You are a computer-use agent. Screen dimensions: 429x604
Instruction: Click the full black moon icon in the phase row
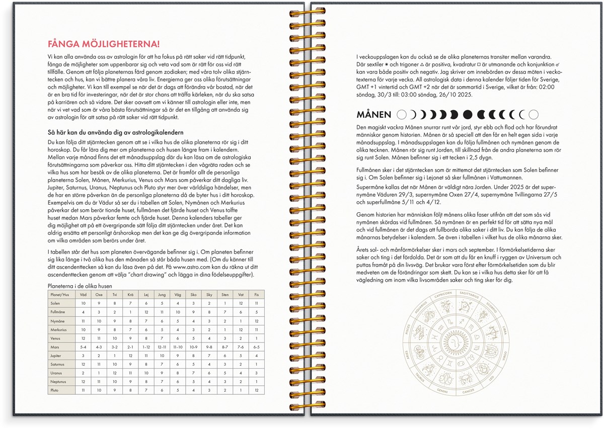pyautogui.click(x=468, y=115)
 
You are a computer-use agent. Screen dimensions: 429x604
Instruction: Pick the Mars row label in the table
pyautogui.click(x=55, y=347)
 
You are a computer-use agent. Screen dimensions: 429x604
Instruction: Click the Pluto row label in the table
pyautogui.click(x=55, y=390)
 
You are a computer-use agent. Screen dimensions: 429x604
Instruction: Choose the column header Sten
pyautogui.click(x=225, y=294)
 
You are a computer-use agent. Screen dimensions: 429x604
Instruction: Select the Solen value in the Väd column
pyautogui.click(x=83, y=303)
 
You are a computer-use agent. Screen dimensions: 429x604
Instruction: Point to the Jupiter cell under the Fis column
pyautogui.click(x=257, y=356)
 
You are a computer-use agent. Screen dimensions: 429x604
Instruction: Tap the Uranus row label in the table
pyautogui.click(x=56, y=373)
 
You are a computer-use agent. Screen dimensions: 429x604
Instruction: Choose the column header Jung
pyautogui.click(x=162, y=294)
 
